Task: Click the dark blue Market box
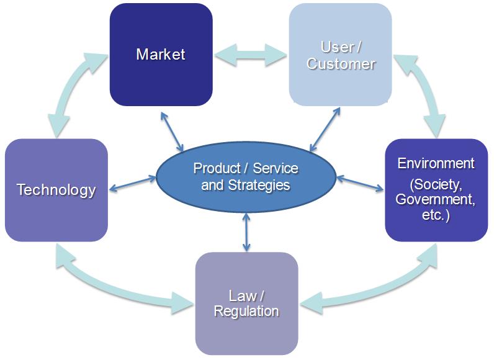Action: click(x=161, y=55)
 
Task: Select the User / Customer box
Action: click(x=340, y=55)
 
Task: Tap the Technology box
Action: click(x=56, y=190)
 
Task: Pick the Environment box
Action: click(x=436, y=190)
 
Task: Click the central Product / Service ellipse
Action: click(x=246, y=177)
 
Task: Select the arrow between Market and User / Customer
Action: click(x=250, y=54)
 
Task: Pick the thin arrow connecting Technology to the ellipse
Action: click(x=133, y=184)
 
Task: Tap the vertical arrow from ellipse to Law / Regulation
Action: click(x=246, y=231)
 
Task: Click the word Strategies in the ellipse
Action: click(x=259, y=185)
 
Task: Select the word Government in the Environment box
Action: click(x=436, y=199)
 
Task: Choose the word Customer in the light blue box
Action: click(x=341, y=64)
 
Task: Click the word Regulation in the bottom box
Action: click(x=246, y=311)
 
